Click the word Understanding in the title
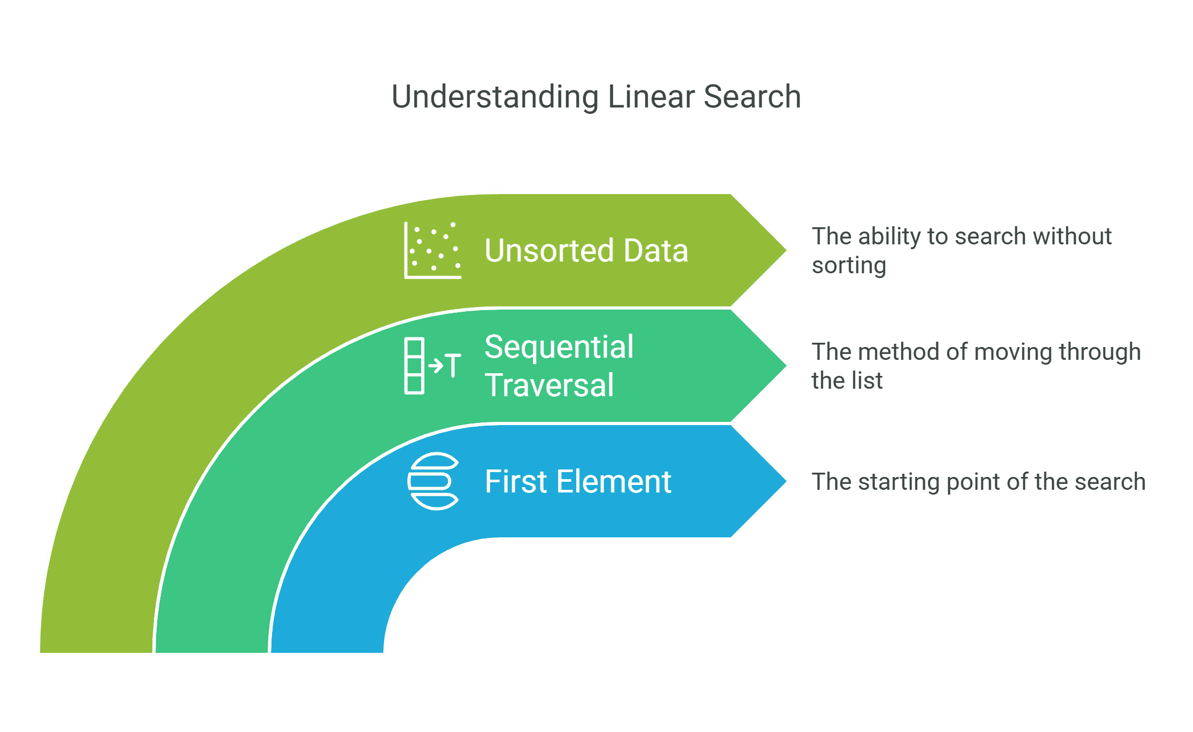[495, 98]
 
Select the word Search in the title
[752, 97]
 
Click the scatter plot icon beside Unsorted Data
[432, 250]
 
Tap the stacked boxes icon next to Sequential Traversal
[415, 366]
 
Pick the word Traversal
[549, 385]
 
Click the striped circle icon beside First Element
[433, 481]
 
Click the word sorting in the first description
[849, 266]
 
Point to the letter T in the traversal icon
[453, 366]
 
